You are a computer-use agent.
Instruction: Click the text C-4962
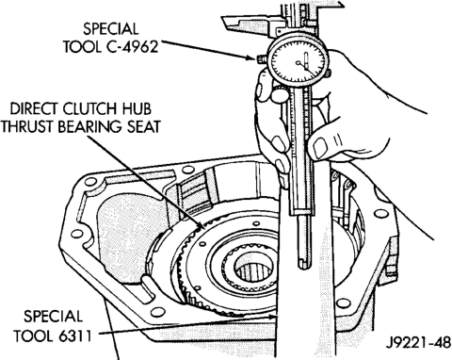tap(131, 47)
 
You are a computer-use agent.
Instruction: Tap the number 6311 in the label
tap(74, 336)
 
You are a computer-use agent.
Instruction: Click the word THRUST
tap(28, 127)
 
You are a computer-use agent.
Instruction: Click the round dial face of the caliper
tap(298, 61)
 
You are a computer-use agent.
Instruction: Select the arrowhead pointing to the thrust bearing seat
tap(202, 226)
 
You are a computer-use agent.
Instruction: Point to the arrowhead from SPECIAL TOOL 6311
tap(273, 317)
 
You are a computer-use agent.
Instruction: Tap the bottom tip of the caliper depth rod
tap(304, 268)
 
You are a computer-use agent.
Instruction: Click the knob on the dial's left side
tap(261, 58)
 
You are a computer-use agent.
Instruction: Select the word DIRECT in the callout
tap(33, 109)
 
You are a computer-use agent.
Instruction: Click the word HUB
tap(136, 109)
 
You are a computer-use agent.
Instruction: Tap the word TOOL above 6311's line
tap(33, 336)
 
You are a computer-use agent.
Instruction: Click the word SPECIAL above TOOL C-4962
tap(110, 29)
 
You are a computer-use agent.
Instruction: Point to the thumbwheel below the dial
tap(281, 92)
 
